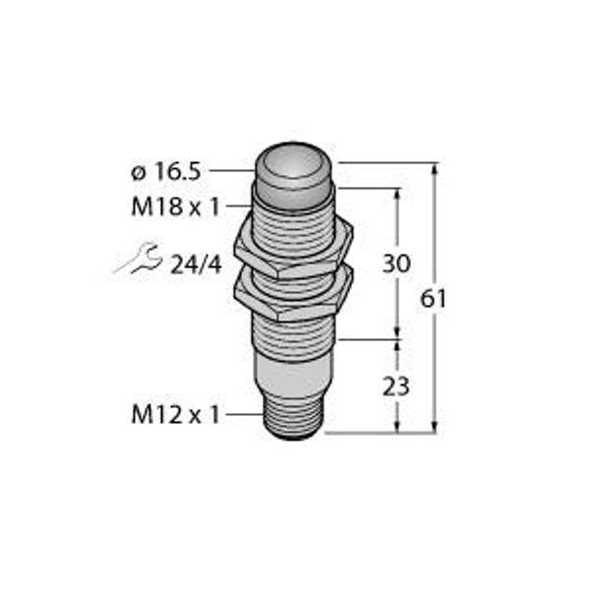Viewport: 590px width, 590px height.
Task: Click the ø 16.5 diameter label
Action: pyautogui.click(x=165, y=172)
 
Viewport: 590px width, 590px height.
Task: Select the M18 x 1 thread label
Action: pyautogui.click(x=175, y=206)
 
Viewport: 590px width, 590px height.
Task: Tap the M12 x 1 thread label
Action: pyautogui.click(x=175, y=415)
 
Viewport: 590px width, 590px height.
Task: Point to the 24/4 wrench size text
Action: pyautogui.click(x=196, y=265)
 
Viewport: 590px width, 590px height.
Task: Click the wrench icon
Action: pyautogui.click(x=139, y=258)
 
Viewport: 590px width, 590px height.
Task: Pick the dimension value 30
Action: pyautogui.click(x=396, y=264)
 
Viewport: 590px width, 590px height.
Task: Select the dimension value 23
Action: pyautogui.click(x=396, y=386)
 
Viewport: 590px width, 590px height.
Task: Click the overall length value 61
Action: pyautogui.click(x=433, y=299)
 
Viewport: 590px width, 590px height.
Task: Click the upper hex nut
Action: pyautogui.click(x=293, y=249)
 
